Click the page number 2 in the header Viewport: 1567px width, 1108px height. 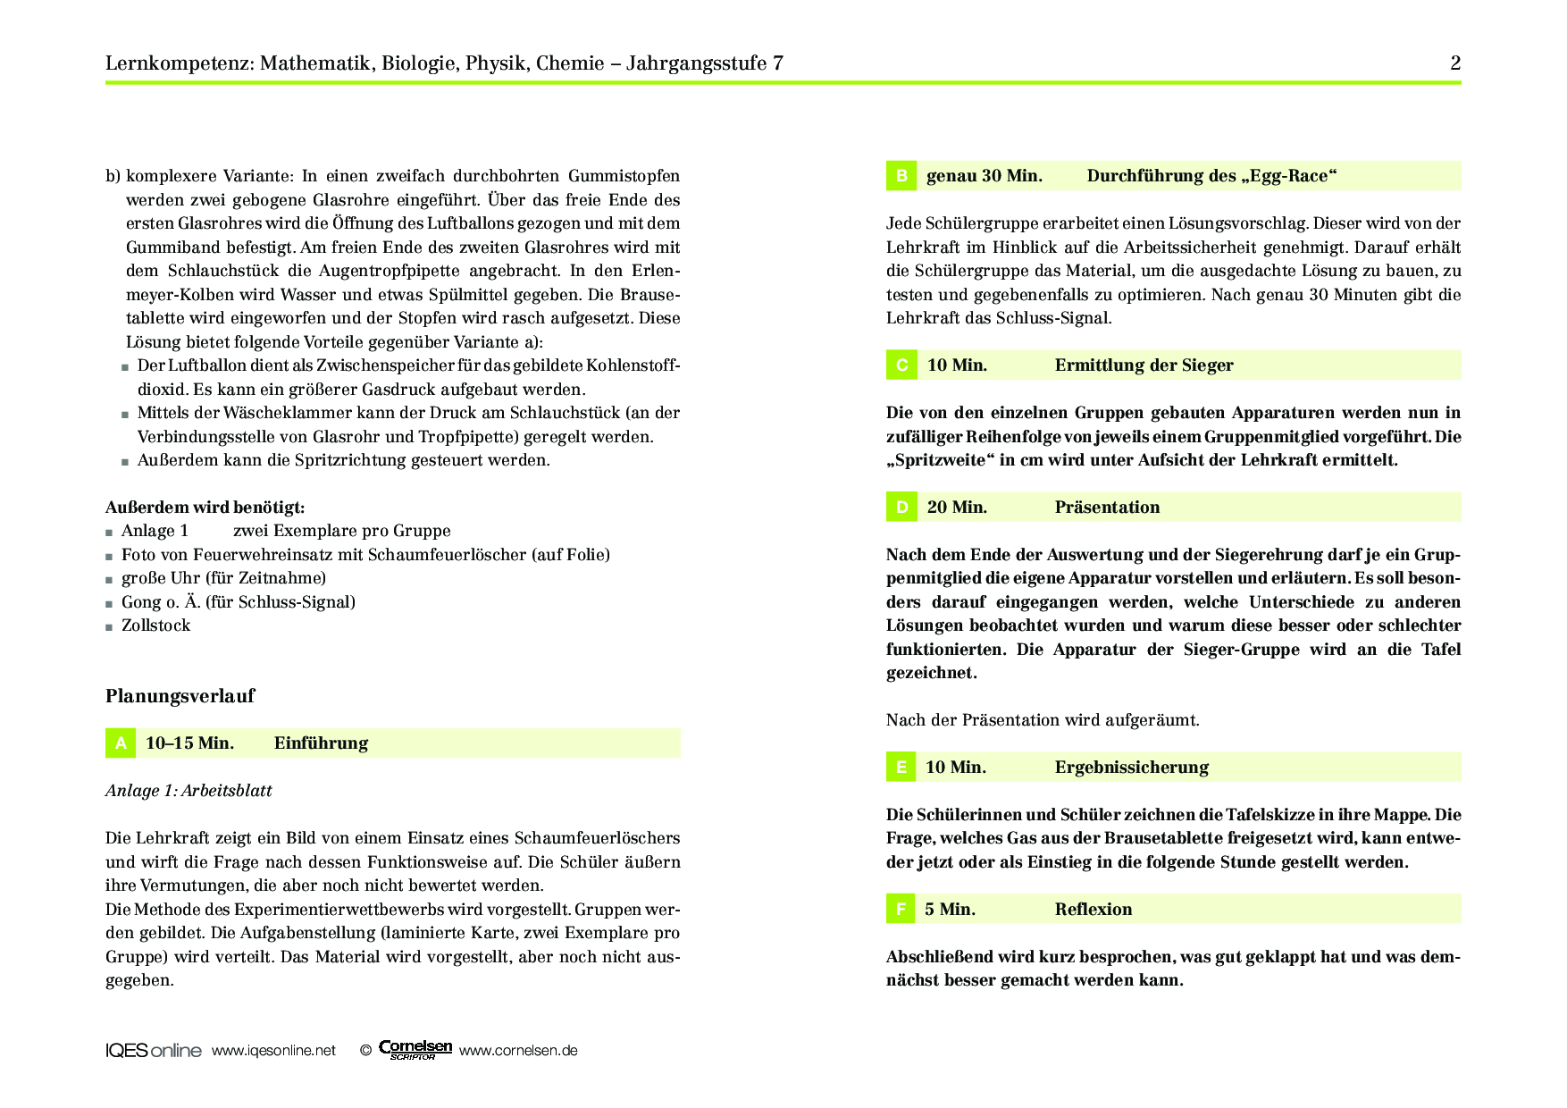1455,63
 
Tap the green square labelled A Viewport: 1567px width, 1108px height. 121,743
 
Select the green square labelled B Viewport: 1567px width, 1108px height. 901,176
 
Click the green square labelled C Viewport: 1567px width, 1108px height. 901,365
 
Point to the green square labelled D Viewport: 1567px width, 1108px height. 901,508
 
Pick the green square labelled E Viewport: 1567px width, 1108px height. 901,768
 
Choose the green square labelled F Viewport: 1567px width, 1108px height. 901,910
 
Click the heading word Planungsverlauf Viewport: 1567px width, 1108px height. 180,696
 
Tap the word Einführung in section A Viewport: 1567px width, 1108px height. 321,743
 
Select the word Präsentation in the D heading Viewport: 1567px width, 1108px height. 1107,508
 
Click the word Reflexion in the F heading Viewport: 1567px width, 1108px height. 1093,910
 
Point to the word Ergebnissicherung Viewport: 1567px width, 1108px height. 1131,768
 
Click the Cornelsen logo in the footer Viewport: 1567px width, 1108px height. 415,1050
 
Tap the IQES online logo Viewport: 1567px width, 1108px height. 154,1051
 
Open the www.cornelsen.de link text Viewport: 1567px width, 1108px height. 518,1051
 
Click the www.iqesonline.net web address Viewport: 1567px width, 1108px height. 273,1051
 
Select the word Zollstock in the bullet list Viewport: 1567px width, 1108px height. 155,625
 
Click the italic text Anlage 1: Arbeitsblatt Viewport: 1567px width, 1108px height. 189,791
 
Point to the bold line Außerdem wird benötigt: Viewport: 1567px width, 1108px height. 205,508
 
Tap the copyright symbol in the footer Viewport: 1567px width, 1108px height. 365,1051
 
